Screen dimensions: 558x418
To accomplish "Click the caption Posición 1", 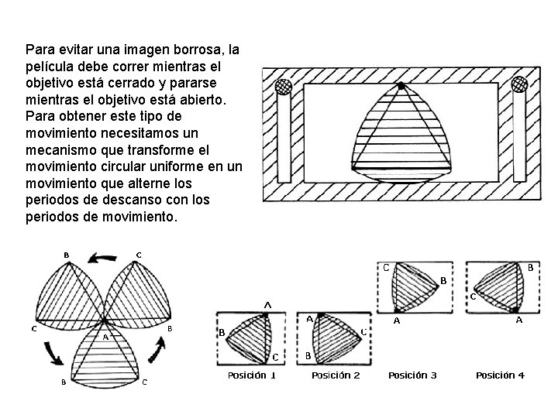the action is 251,375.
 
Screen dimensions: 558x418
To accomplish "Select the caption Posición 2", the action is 336,375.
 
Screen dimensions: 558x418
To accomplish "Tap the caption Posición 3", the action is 412,375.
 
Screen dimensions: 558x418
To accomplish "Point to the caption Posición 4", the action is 500,375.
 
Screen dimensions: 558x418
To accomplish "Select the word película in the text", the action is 50,66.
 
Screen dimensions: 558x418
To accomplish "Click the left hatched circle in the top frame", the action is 284,87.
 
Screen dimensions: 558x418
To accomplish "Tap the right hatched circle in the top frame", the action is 520,84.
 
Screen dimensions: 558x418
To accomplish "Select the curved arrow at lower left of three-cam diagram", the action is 53,354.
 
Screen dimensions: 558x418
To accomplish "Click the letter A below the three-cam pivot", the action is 105,337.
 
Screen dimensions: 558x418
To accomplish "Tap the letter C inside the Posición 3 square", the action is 386,268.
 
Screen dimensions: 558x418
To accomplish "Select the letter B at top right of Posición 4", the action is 530,266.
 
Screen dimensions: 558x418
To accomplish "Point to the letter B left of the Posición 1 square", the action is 222,332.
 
